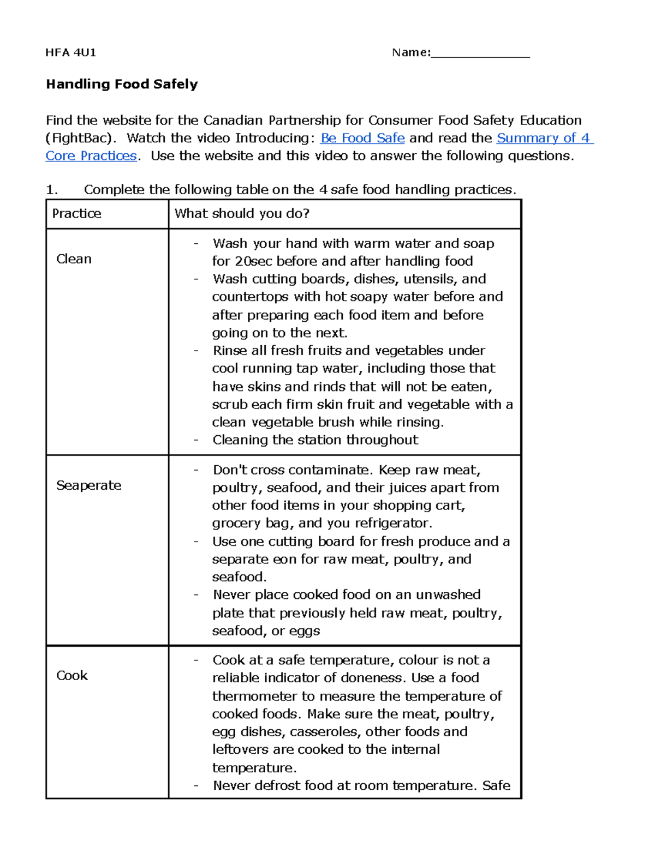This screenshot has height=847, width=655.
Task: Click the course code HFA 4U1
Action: (x=71, y=52)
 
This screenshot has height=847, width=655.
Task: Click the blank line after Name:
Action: (x=480, y=53)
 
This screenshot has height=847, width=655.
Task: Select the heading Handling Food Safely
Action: (x=122, y=84)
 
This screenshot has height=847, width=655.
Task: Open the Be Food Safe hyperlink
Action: (x=362, y=138)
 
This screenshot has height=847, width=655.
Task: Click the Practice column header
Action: (x=76, y=213)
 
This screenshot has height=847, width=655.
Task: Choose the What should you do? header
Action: (x=242, y=213)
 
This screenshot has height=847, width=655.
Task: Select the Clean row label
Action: (x=74, y=259)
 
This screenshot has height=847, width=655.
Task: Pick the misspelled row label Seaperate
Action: (x=88, y=485)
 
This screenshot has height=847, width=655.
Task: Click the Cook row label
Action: (x=72, y=675)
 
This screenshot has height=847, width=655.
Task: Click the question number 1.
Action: (x=51, y=190)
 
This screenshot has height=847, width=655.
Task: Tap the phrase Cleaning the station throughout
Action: (x=315, y=440)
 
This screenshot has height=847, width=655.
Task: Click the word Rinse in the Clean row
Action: (x=230, y=350)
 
